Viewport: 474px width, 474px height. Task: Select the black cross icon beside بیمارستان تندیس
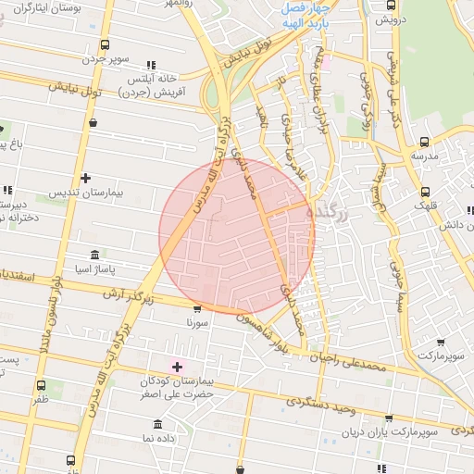pyautogui.click(x=86, y=178)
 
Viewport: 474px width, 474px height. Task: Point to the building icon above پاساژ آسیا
pyautogui.click(x=94, y=255)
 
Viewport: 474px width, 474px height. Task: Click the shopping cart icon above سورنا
pyautogui.click(x=196, y=310)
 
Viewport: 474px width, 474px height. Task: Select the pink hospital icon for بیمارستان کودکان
pyautogui.click(x=176, y=368)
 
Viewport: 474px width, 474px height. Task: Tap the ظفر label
pyautogui.click(x=41, y=401)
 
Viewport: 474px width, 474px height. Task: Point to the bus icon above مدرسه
pyautogui.click(x=424, y=142)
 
